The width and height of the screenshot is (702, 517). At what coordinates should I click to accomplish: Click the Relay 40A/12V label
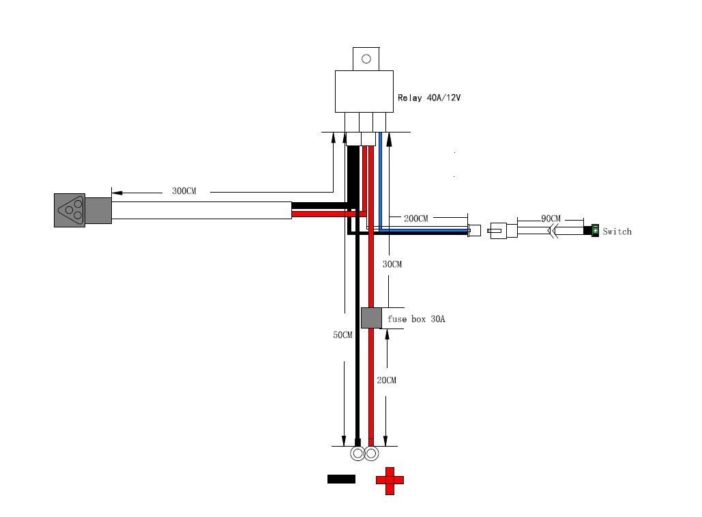click(x=429, y=98)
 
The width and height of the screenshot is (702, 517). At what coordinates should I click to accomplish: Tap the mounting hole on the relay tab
click(x=366, y=59)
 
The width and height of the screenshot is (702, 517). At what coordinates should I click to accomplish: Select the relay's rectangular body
click(x=364, y=92)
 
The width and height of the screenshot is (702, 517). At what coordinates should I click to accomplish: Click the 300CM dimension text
click(x=184, y=191)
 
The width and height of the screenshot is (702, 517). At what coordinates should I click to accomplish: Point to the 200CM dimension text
click(x=416, y=218)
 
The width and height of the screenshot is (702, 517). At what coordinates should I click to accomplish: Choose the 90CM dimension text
click(x=551, y=219)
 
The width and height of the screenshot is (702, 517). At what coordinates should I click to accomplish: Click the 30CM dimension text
click(x=392, y=264)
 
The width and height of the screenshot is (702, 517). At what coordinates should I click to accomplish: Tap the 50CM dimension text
click(x=342, y=335)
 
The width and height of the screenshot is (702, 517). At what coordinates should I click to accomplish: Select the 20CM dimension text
click(x=386, y=380)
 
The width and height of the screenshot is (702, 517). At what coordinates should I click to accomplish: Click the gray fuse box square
click(x=371, y=318)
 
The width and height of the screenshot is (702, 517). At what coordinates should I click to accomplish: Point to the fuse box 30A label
click(x=416, y=319)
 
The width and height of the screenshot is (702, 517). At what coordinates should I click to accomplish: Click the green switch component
click(x=595, y=231)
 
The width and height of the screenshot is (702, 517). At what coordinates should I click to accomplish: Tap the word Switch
click(x=617, y=232)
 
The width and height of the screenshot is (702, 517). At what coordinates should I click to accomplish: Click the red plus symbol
click(x=390, y=481)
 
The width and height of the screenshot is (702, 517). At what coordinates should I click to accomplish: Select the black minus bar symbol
click(x=341, y=479)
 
